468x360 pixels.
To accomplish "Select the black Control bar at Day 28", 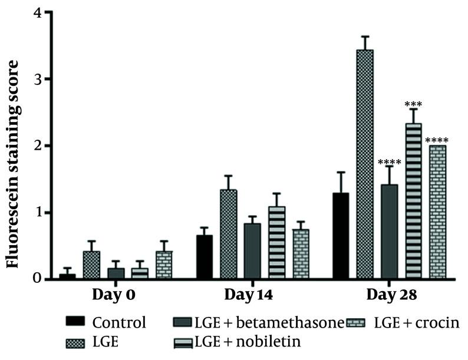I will pos(341,236).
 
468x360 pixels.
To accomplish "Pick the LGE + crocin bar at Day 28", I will pos(438,212).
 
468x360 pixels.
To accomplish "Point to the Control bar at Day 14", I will pos(204,256).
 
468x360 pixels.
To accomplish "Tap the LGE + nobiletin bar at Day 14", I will pos(277,242).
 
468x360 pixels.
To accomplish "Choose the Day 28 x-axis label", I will pos(389,294).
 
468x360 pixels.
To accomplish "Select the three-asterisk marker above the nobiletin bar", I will pos(414,105).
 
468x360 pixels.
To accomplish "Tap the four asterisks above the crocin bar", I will pos(437,140).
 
